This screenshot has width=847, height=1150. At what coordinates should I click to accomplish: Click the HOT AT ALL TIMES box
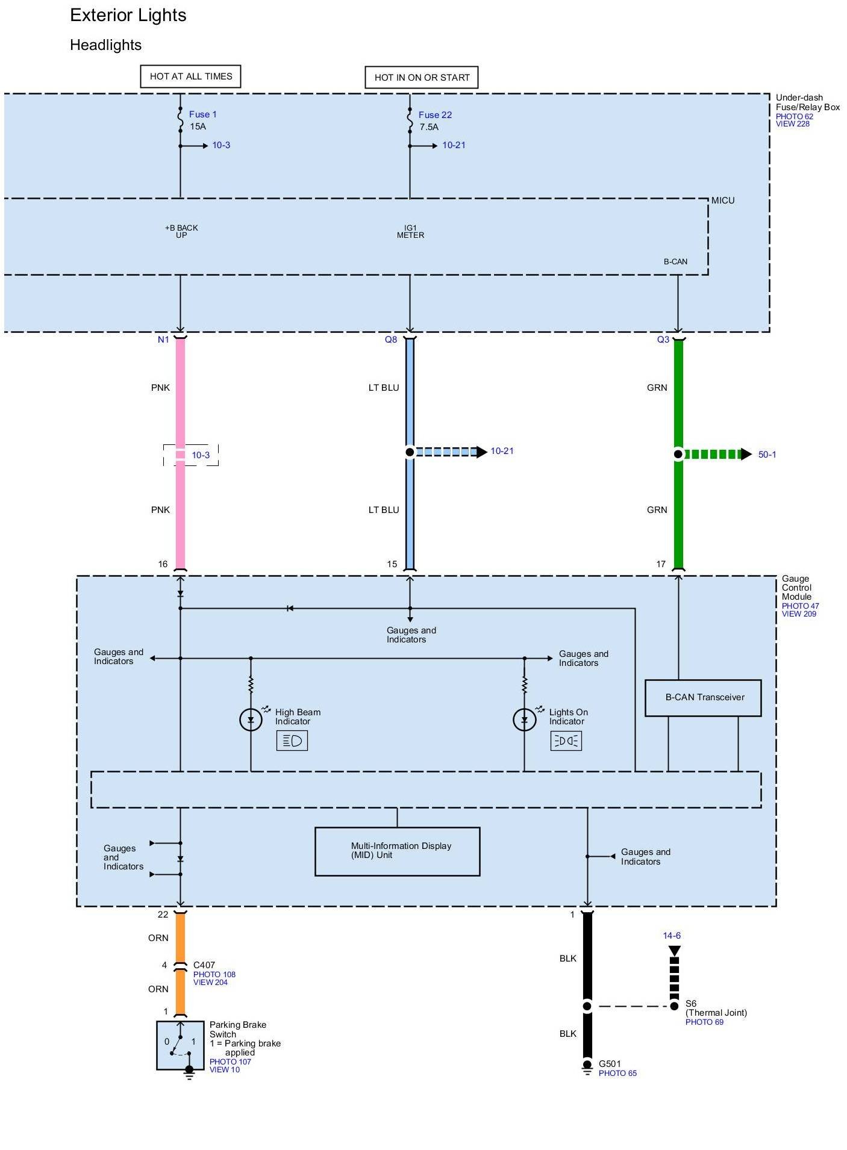pos(190,76)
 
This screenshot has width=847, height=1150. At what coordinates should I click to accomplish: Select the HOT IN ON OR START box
pos(422,78)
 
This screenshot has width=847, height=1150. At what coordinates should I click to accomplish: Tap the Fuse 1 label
pos(202,114)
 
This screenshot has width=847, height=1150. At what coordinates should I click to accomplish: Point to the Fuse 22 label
pos(435,115)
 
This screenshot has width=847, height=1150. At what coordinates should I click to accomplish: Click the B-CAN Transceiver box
pos(703,698)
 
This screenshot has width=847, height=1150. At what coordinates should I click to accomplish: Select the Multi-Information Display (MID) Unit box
pos(398,851)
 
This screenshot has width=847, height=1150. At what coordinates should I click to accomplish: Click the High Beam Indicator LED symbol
pos(251,720)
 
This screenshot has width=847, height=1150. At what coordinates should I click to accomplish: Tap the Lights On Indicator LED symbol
pos(524,720)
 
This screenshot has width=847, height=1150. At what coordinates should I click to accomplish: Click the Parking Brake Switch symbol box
pos(180,1045)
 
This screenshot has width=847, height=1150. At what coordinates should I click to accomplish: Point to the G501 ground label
pos(610,1064)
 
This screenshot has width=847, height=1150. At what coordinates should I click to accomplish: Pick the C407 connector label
pos(204,965)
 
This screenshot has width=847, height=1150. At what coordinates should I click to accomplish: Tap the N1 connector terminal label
pos(163,340)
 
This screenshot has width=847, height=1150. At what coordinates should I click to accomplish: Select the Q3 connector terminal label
pos(663,340)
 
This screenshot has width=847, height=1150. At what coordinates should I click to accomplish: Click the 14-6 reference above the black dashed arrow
pos(672,936)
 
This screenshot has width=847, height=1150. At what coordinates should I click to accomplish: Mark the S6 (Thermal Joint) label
pos(716,1008)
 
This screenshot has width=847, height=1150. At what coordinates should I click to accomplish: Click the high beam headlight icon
pos(292,741)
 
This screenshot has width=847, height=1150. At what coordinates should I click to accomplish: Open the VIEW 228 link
pos(792,124)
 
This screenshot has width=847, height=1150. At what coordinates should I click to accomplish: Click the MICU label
pos(723,200)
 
